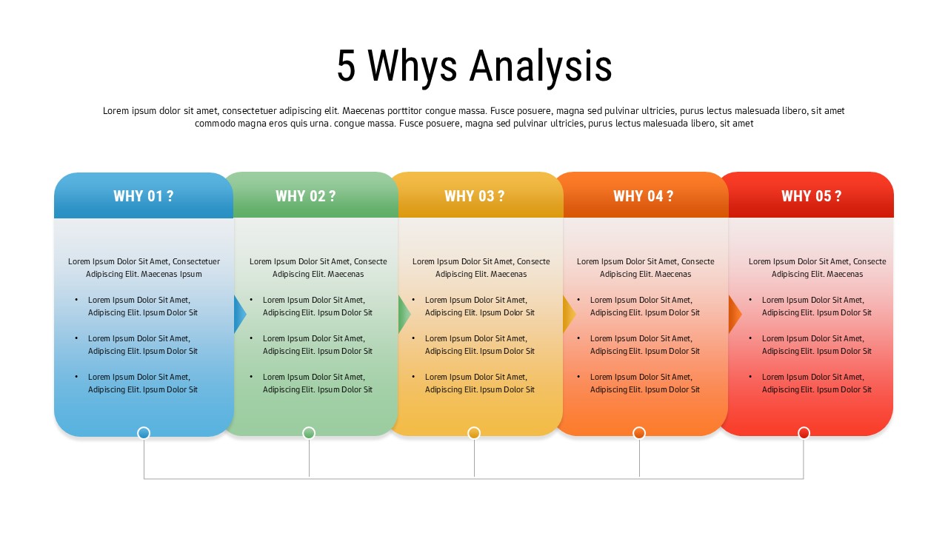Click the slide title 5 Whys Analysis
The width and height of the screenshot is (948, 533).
[474, 66]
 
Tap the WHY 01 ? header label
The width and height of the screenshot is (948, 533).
[144, 196]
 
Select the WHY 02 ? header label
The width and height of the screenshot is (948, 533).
[306, 196]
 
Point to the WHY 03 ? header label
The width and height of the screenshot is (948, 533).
[474, 196]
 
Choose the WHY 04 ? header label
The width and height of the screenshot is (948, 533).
[643, 196]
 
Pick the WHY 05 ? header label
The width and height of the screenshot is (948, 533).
[811, 196]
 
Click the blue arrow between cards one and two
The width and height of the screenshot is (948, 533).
[239, 314]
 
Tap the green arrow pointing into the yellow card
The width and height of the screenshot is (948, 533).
[404, 314]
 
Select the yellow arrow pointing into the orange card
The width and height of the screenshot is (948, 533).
[569, 314]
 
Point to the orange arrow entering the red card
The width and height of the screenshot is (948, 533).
[735, 314]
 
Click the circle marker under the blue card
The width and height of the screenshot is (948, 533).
[144, 433]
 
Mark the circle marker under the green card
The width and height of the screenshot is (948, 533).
[309, 433]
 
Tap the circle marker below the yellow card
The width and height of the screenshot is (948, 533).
[474, 433]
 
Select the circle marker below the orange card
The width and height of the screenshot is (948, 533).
[639, 433]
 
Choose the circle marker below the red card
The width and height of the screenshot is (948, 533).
[804, 433]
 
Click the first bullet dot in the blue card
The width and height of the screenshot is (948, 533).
[76, 300]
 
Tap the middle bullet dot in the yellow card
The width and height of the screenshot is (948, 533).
[413, 338]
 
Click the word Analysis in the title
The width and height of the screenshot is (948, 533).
[541, 66]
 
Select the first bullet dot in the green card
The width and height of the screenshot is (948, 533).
[251, 300]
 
